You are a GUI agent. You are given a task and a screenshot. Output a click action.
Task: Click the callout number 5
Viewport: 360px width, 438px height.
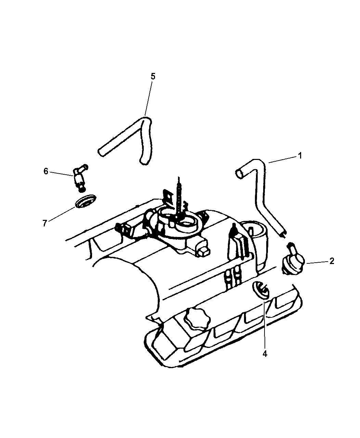point(153,77)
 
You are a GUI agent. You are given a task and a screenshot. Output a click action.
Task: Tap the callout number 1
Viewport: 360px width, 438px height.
point(300,155)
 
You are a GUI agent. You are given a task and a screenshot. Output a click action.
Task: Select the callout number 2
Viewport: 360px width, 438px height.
point(332,261)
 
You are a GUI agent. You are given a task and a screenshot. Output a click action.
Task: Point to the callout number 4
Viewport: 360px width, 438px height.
point(265,353)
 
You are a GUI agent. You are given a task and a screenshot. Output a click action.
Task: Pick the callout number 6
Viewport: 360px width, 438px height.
point(46,171)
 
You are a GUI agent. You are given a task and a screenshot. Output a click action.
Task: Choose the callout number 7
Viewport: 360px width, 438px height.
point(44,223)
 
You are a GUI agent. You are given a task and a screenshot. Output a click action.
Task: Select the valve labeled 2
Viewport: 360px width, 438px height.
point(293,260)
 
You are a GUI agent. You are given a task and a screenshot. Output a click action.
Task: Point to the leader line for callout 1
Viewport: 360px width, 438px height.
point(282,160)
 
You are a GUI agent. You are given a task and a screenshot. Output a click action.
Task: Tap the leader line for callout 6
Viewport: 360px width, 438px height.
point(61,174)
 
